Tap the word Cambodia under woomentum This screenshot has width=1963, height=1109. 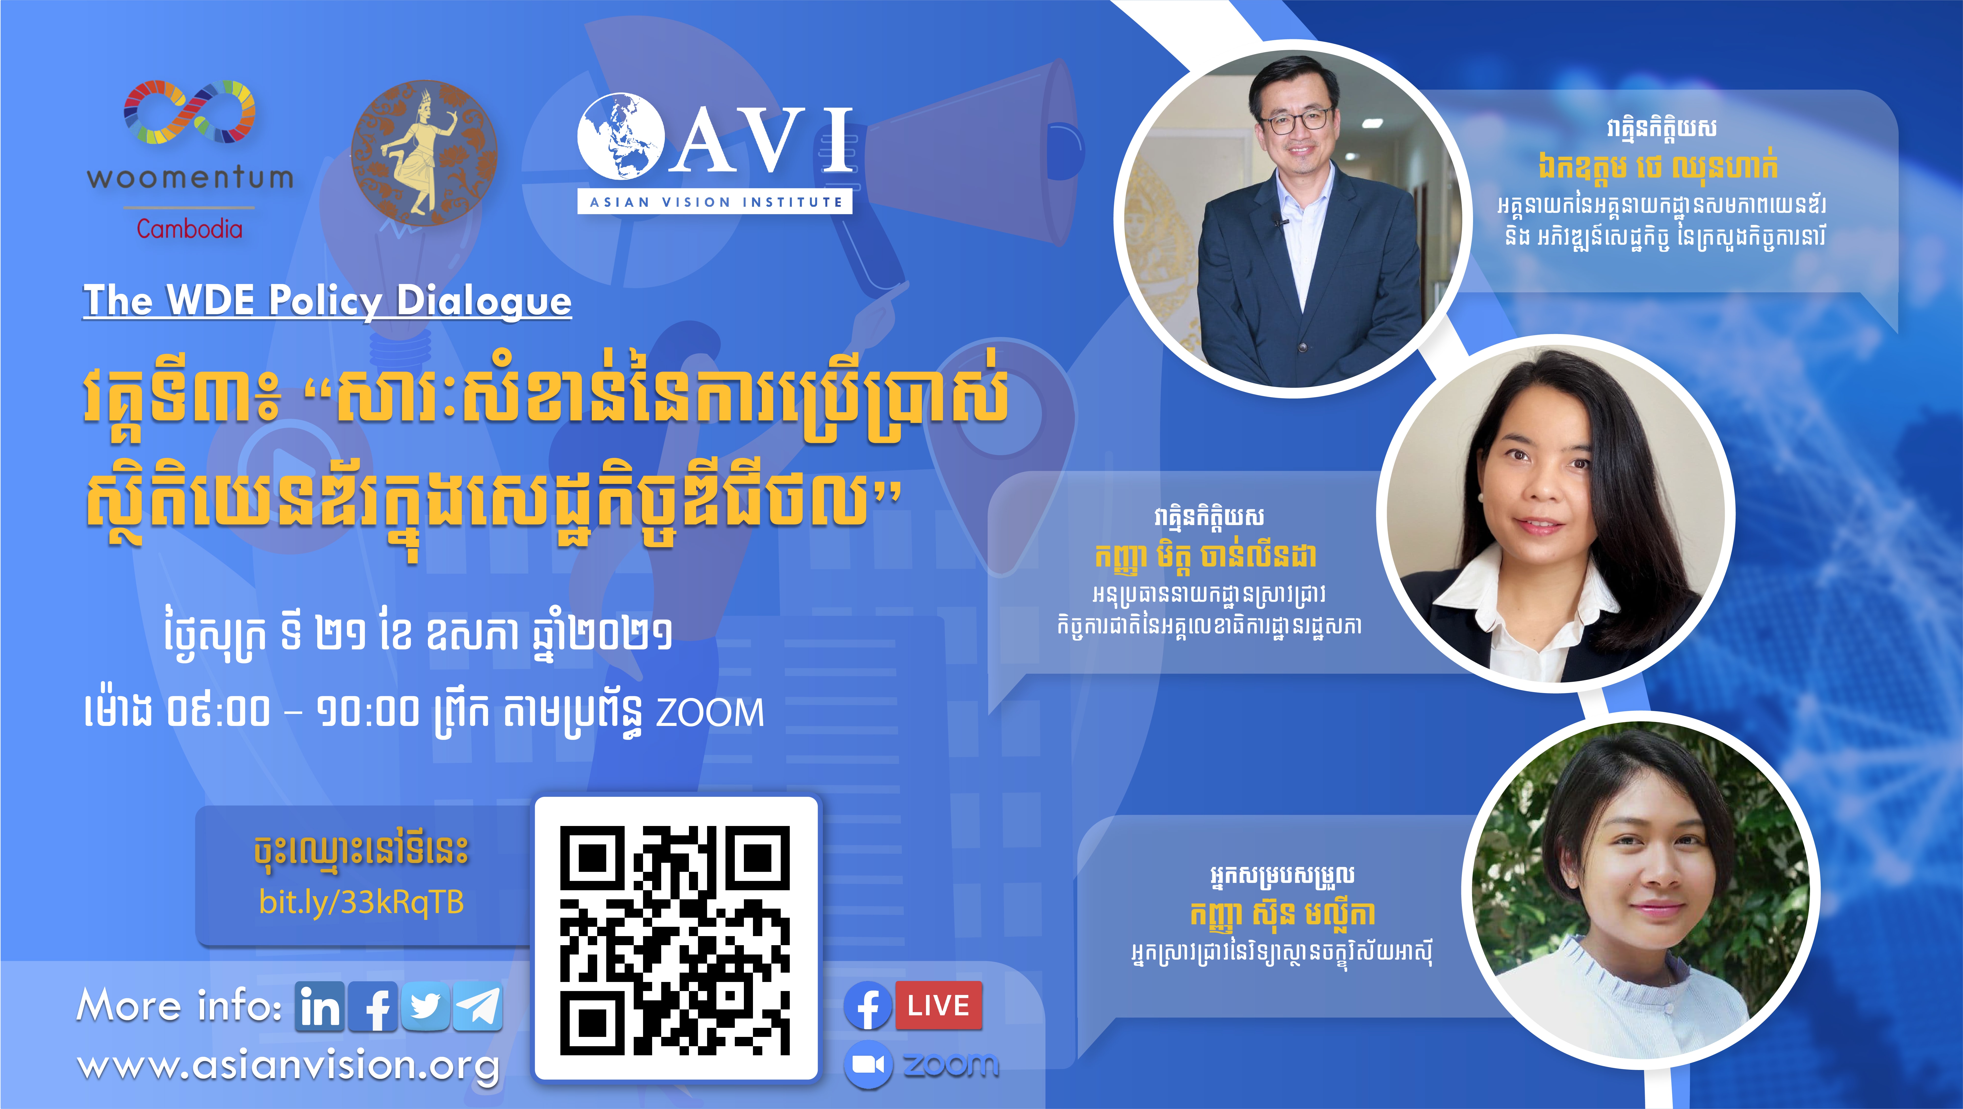pyautogui.click(x=190, y=229)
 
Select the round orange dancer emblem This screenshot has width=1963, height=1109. pyautogui.click(x=424, y=152)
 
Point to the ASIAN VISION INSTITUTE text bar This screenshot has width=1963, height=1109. pyautogui.click(x=715, y=202)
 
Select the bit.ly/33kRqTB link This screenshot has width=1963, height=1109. pyautogui.click(x=361, y=903)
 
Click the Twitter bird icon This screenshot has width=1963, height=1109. pyautogui.click(x=425, y=1007)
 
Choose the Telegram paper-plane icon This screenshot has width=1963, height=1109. pyautogui.click(x=478, y=1007)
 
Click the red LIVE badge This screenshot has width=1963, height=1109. pyautogui.click(x=938, y=1006)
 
